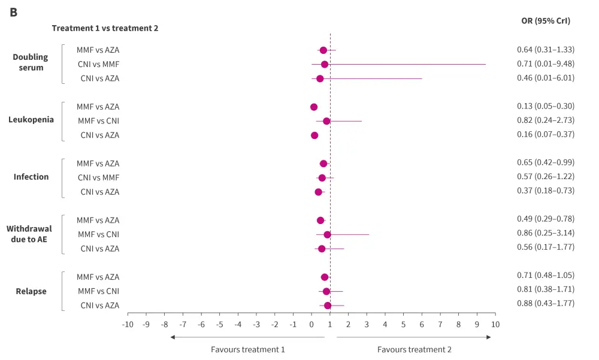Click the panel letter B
coord(13,12)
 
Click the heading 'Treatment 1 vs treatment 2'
coord(105,28)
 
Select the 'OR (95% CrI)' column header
coord(546,20)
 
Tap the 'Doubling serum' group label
coord(31,62)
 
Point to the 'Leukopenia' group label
coord(31,119)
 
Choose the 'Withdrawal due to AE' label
coord(29,234)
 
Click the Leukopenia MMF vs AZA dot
coord(314,107)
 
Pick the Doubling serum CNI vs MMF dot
coord(325,64)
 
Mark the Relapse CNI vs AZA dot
coord(328,305)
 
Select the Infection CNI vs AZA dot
coord(319,192)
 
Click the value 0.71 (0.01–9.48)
coord(546,63)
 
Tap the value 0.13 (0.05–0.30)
coord(546,106)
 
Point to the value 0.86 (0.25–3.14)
coord(546,234)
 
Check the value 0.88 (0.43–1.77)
coord(546,303)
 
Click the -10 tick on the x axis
coord(128,324)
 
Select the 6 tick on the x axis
coord(422,324)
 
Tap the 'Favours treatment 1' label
coord(248,349)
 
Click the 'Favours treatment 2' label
coord(415,349)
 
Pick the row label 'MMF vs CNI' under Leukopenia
coord(98,121)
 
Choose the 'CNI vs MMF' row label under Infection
coord(98,178)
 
